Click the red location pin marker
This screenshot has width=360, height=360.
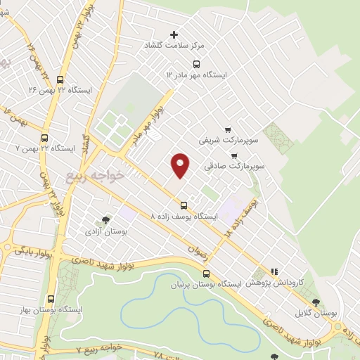pyautogui.click(x=181, y=165)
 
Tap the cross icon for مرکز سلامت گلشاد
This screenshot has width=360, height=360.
pyautogui.click(x=174, y=34)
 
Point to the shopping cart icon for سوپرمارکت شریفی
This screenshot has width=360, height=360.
pyautogui.click(x=228, y=129)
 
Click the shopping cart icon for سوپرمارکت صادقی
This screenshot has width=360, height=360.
pyautogui.click(x=234, y=155)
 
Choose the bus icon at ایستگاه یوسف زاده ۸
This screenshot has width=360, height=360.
pyautogui.click(x=184, y=205)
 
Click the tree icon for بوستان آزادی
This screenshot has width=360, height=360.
pyautogui.click(x=105, y=219)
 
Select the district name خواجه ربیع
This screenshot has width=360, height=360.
pyautogui.click(x=97, y=172)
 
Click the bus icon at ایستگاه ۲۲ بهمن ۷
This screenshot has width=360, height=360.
pyautogui.click(x=45, y=138)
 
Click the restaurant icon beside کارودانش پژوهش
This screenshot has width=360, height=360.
pyautogui.click(x=275, y=271)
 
